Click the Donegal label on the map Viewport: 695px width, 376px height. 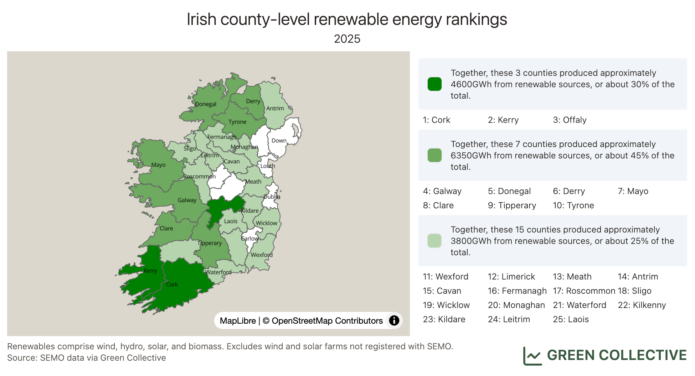click(x=206, y=104)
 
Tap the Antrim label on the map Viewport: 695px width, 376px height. click(x=275, y=108)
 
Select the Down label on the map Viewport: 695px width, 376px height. click(x=279, y=141)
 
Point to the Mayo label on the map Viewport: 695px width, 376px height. click(x=158, y=165)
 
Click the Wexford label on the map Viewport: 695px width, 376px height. click(x=262, y=255)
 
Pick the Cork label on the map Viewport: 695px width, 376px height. click(x=172, y=284)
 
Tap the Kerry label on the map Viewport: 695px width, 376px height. click(x=150, y=271)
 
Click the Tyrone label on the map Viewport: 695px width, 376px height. click(x=237, y=122)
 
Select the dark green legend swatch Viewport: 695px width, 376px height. click(x=434, y=84)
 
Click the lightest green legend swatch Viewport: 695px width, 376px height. click(x=434, y=241)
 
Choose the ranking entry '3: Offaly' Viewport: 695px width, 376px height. click(x=570, y=120)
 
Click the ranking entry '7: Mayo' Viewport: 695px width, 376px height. click(x=633, y=191)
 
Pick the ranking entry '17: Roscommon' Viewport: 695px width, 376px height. click(x=584, y=291)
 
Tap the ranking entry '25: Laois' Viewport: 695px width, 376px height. click(x=571, y=319)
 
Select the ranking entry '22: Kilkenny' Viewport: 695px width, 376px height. click(x=642, y=305)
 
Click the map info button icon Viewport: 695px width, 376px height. click(x=394, y=320)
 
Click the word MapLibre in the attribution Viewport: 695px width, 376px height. click(x=238, y=321)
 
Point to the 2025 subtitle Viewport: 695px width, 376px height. click(x=347, y=39)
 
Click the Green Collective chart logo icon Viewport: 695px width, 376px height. click(x=532, y=356)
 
